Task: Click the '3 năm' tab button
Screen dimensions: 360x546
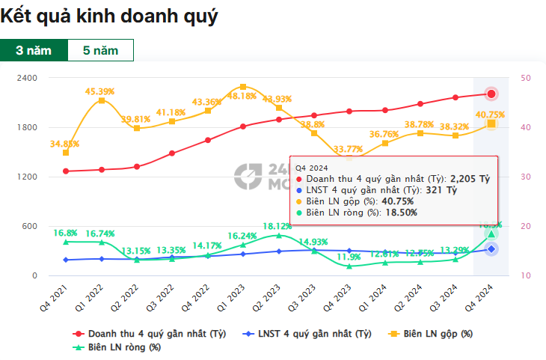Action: (x=34, y=50)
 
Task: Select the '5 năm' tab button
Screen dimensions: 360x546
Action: (x=100, y=50)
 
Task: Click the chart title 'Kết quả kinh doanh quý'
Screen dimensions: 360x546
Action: (x=110, y=16)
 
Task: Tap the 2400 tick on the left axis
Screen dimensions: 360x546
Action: (x=28, y=78)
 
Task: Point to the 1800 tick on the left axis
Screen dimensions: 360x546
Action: (x=28, y=127)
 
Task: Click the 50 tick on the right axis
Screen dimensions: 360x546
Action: (x=526, y=78)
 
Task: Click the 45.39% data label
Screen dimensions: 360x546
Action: (x=99, y=91)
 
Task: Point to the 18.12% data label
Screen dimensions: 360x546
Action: (x=277, y=225)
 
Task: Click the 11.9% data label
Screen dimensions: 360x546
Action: (x=349, y=257)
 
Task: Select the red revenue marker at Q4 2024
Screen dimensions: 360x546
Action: (x=491, y=94)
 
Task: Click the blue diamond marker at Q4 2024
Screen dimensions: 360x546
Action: (x=491, y=248)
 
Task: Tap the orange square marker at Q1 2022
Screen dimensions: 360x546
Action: (x=101, y=100)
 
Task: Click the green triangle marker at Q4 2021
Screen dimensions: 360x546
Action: (x=66, y=242)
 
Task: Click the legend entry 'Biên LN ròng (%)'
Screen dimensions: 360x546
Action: (x=122, y=347)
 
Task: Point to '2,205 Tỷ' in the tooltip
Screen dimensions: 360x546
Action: (x=469, y=179)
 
